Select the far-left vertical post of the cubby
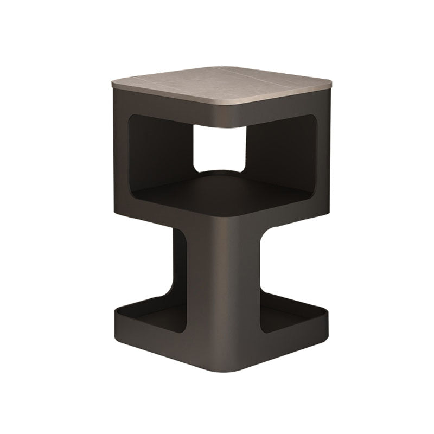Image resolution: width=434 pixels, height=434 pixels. [120, 163]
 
